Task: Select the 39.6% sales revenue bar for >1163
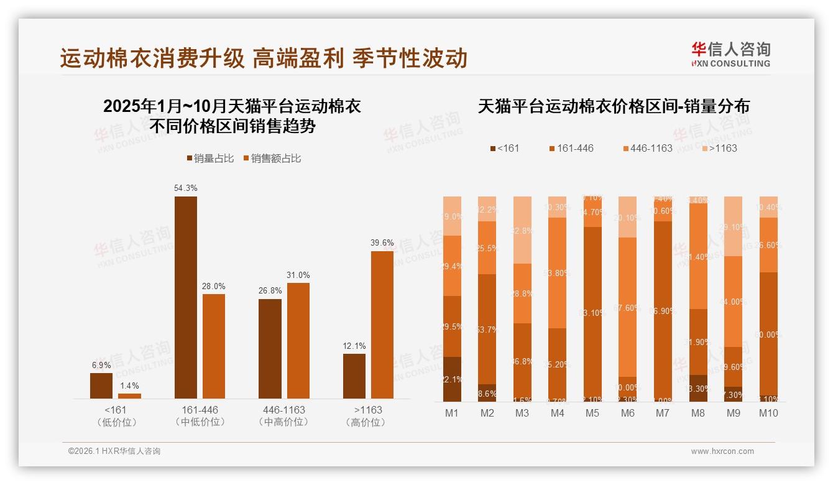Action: click(x=382, y=325)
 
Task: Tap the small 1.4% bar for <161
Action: click(x=129, y=395)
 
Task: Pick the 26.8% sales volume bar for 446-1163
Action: click(x=270, y=348)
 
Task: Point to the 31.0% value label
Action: click(x=298, y=275)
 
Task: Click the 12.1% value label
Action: click(x=354, y=346)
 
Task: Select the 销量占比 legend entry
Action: click(x=210, y=159)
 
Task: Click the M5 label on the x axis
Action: click(x=592, y=413)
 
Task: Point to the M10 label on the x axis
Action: click(x=768, y=413)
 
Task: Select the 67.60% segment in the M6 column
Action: click(x=628, y=307)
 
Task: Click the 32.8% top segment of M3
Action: click(x=523, y=229)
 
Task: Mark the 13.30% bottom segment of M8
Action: click(x=698, y=388)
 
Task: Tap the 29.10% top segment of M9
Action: click(x=734, y=226)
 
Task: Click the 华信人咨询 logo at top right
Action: click(x=730, y=54)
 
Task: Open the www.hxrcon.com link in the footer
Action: click(x=722, y=451)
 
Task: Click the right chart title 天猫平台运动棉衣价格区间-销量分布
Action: click(x=614, y=106)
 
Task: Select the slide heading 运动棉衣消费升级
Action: click(x=152, y=58)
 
